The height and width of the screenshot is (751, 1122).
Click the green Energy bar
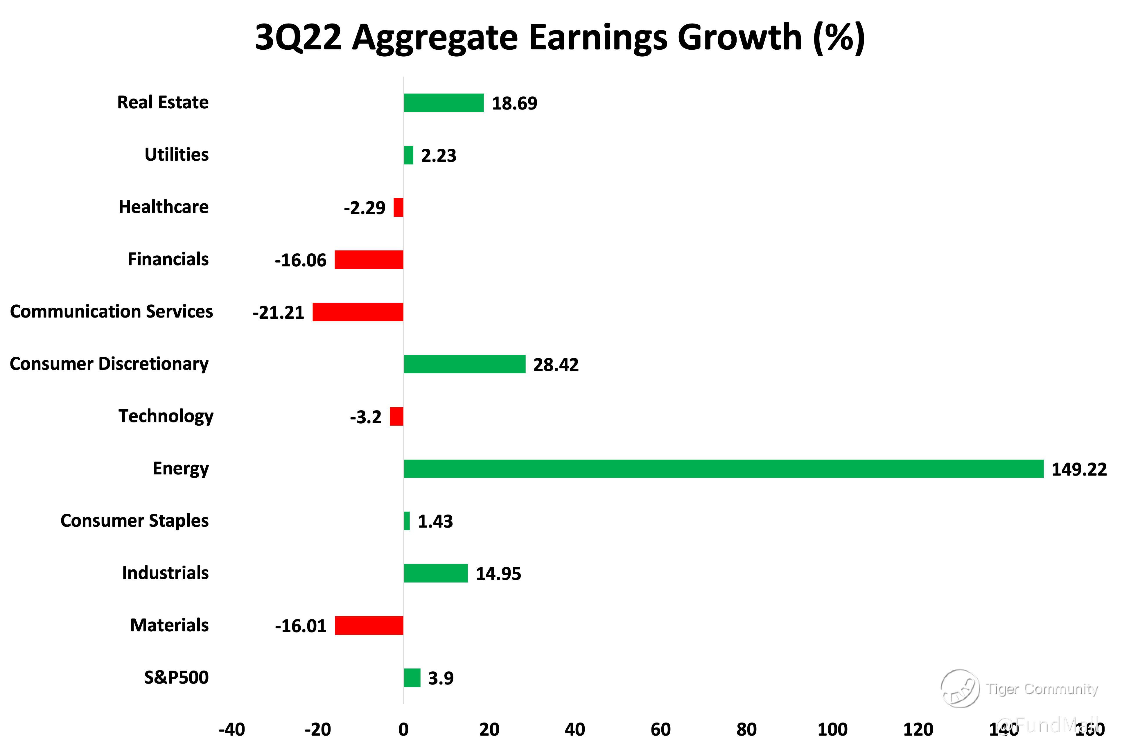point(723,468)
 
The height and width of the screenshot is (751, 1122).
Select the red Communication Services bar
point(358,312)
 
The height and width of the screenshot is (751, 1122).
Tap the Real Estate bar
point(444,103)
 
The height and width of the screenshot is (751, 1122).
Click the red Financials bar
point(369,260)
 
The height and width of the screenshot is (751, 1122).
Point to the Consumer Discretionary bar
point(464,364)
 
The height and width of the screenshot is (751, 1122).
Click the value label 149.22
point(1079,469)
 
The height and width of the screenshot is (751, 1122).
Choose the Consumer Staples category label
point(134,521)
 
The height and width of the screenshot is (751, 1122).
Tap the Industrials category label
point(165,573)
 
